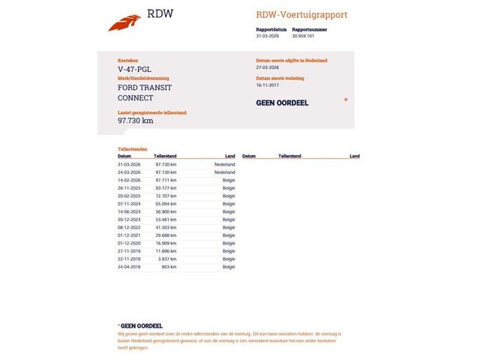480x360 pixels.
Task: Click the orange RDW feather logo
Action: point(124,23)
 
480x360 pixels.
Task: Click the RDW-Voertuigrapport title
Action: point(301,15)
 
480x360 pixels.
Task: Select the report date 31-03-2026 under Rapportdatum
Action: point(268,35)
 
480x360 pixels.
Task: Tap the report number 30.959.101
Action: point(303,35)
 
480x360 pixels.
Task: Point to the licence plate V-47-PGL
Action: point(134,70)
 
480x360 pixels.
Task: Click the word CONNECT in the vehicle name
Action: point(135,97)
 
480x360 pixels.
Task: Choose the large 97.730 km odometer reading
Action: point(136,120)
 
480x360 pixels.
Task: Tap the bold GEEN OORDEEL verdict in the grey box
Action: point(283,103)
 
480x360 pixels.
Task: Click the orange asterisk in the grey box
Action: point(346,99)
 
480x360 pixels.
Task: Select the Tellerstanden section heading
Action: point(132,149)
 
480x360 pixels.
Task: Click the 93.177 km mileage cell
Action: point(166,188)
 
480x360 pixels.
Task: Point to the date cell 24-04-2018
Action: point(129,266)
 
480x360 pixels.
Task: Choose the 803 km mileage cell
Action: point(169,266)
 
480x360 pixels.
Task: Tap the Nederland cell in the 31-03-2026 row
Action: point(224,164)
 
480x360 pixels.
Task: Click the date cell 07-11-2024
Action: point(129,204)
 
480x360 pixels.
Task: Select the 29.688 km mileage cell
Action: point(166,235)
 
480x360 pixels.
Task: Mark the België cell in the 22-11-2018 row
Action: point(229,259)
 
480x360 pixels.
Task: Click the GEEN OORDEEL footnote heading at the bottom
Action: point(141,325)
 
